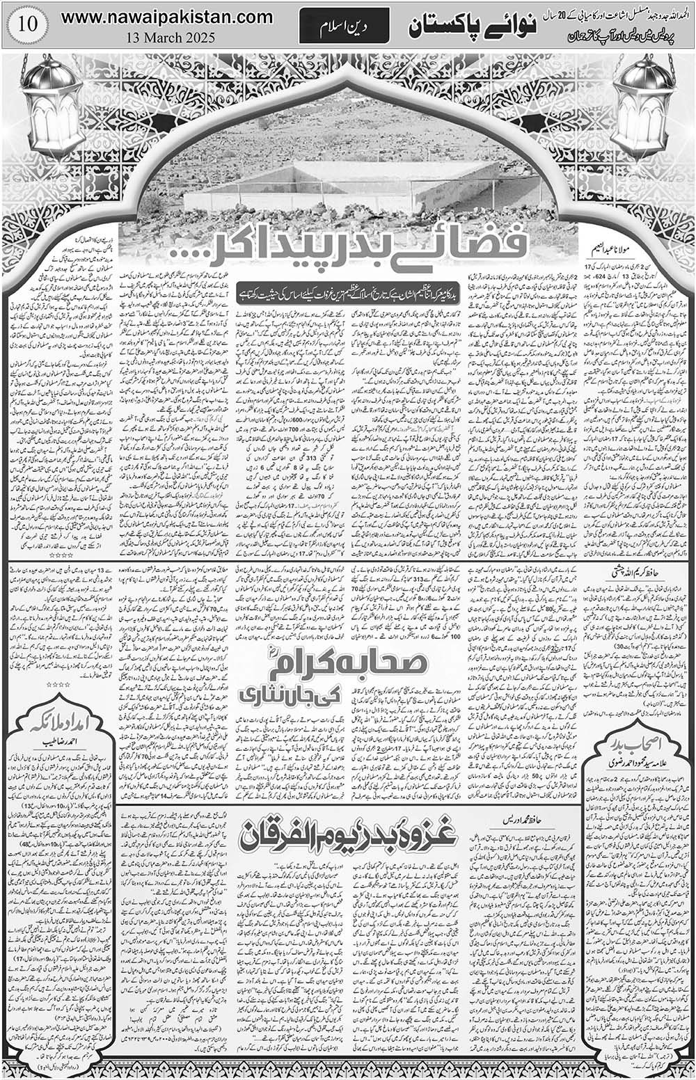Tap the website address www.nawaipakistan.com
166,17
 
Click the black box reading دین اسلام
344,29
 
